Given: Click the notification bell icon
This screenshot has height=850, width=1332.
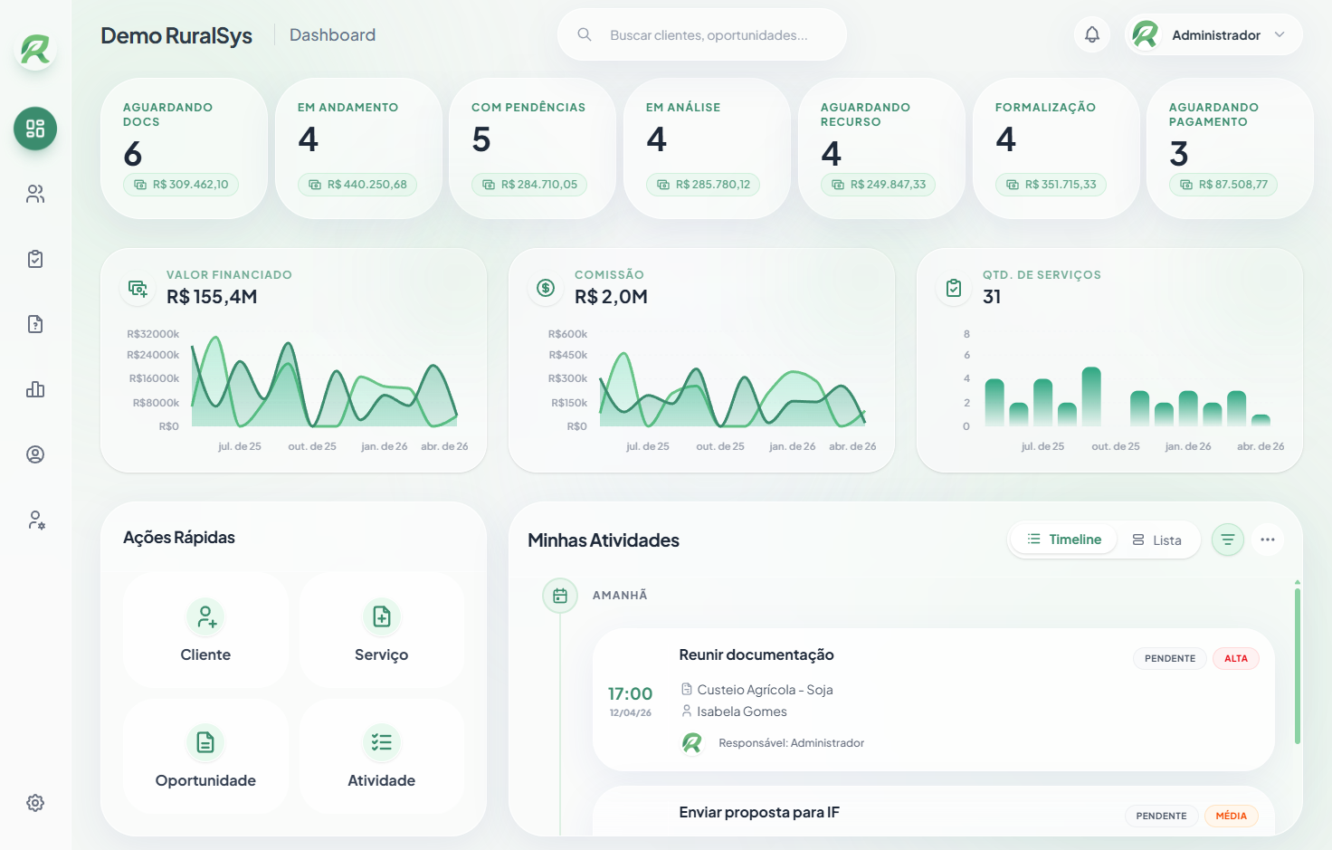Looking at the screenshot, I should click(x=1092, y=35).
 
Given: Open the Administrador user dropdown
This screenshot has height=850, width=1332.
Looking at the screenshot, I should click(x=1213, y=35).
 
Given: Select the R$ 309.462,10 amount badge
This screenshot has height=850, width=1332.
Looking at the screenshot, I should click(x=181, y=185).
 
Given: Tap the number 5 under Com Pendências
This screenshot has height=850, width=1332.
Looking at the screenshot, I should click(x=481, y=139).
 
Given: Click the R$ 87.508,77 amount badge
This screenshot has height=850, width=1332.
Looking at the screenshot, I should click(x=1223, y=185).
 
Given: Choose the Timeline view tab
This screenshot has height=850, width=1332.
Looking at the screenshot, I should click(x=1064, y=540).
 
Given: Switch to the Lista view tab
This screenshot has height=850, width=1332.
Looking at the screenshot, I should click(x=1157, y=540).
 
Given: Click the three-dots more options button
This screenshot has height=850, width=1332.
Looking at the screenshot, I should click(x=1267, y=540).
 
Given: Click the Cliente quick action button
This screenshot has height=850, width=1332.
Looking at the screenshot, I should click(x=205, y=630).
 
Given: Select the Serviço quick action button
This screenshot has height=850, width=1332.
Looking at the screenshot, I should click(x=381, y=630).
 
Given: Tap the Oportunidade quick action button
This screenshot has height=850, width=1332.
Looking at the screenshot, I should click(x=205, y=756).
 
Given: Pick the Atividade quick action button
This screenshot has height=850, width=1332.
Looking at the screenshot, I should click(x=381, y=756).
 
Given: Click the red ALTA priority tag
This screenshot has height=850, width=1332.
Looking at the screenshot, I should click(x=1235, y=659).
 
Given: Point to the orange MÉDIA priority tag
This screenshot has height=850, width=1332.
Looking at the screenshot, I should click(x=1231, y=817).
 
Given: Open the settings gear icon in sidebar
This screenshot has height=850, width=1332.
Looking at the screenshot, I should click(x=35, y=803).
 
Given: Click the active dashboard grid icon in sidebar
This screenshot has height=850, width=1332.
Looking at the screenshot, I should click(x=35, y=129).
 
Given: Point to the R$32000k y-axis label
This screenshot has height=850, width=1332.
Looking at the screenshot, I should click(x=153, y=334).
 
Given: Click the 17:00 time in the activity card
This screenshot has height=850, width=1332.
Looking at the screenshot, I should click(x=630, y=694).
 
